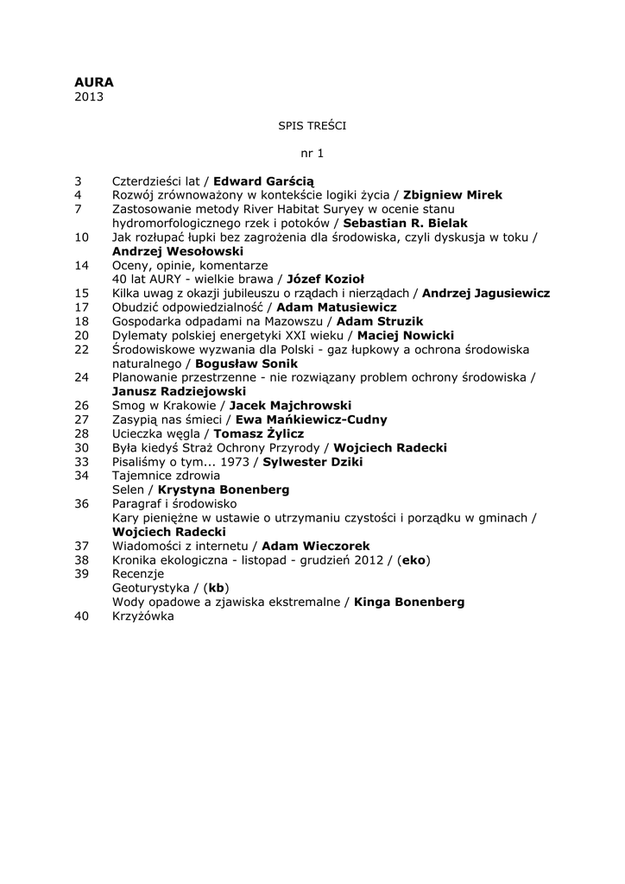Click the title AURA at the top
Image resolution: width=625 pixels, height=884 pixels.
(94, 82)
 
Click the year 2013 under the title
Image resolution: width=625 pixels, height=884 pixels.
(89, 97)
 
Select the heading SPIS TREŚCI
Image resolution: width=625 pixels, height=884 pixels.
(312, 125)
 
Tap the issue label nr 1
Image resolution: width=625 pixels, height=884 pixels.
(312, 153)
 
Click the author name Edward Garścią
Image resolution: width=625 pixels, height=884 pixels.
(264, 181)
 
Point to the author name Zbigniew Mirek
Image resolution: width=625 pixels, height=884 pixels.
(452, 195)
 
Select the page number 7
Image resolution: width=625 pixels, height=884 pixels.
(79, 209)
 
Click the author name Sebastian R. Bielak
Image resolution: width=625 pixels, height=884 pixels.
(406, 223)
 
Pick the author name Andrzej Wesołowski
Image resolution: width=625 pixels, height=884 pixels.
(178, 250)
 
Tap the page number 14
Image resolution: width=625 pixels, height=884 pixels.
(82, 265)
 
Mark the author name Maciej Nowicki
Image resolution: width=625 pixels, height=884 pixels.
(406, 335)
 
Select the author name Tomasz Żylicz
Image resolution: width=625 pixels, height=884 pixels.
(258, 433)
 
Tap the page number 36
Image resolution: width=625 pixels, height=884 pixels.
(82, 503)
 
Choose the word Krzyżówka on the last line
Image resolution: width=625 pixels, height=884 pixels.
(143, 616)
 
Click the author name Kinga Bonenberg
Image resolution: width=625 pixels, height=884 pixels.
(409, 602)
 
